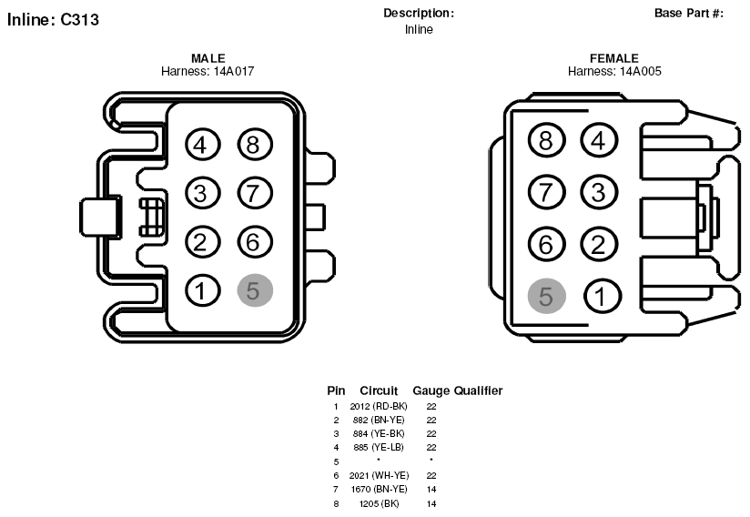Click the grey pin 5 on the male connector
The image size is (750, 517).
coord(255,290)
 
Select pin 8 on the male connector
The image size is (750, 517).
coord(255,145)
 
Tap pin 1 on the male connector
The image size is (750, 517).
coord(203,290)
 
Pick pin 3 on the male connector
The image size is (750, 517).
coord(203,193)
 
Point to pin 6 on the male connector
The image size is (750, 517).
coord(255,242)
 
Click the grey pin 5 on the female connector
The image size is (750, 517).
coord(547,296)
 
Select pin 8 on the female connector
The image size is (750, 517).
coord(547,140)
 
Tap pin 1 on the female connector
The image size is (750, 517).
coord(603,296)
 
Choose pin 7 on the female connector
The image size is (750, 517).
coord(547,192)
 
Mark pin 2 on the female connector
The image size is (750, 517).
coord(599,244)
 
